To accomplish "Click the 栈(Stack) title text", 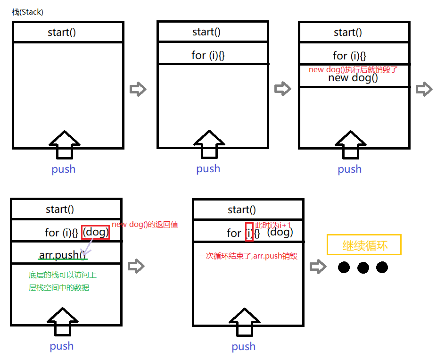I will tap(27, 12).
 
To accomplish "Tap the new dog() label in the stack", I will tap(353, 78).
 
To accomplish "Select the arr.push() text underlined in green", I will tap(63, 256).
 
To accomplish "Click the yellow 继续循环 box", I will tap(364, 245).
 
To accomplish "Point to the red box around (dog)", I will tap(96, 232).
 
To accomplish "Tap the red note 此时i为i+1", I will tap(273, 225).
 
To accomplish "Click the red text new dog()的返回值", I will tap(145, 225).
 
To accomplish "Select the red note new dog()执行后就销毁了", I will tap(354, 69).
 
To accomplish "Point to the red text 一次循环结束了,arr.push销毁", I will tap(248, 256).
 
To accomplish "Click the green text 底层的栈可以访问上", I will tap(63, 275).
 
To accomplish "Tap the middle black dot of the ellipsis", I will tap(363, 268).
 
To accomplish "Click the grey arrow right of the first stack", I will tap(138, 89).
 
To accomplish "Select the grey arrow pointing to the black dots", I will tap(318, 267).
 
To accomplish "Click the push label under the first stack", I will tap(64, 169).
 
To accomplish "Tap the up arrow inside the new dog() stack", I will tap(350, 144).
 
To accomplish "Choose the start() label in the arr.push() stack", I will tap(60, 209).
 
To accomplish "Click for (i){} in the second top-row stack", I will tap(208, 55).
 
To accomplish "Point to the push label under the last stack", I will tap(244, 346).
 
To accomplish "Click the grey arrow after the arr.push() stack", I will tap(136, 266).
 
